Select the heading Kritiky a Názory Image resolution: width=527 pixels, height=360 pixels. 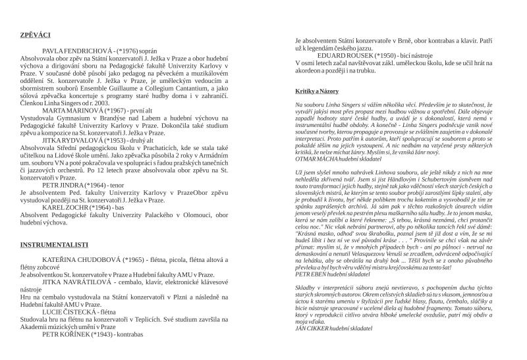click(x=319, y=90)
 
